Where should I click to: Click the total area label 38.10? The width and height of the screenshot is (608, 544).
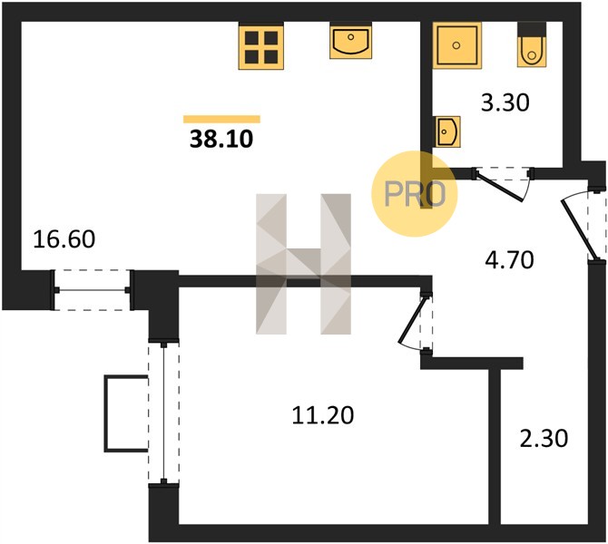coord(221,139)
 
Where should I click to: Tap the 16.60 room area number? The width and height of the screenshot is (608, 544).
coord(64,239)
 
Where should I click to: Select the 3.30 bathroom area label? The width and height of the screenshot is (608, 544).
coord(505,103)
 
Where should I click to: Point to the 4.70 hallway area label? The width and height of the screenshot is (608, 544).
coord(509,260)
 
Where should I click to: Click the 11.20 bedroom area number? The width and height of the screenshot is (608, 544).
coord(323,415)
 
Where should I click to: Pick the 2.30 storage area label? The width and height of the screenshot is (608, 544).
coord(544,439)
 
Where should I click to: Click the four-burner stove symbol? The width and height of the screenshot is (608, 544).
coord(261,46)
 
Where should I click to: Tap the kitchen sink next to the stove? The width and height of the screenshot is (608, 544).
coord(350,41)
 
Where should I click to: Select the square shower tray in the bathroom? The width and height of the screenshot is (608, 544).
coord(456,45)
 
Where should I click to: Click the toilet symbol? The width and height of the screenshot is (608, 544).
coord(532,44)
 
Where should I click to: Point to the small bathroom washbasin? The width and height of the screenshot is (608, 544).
coord(447,131)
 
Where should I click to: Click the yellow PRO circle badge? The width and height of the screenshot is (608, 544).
coord(415,194)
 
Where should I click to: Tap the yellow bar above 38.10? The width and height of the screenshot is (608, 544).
coord(221,120)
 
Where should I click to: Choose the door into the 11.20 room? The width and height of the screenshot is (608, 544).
coord(416,323)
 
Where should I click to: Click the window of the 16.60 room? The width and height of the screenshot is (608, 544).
coord(92,290)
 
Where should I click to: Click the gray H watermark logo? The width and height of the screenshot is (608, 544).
coord(303,264)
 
